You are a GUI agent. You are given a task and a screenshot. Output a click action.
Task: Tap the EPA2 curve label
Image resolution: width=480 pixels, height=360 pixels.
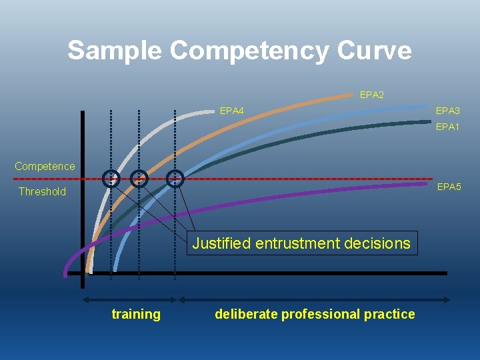371,95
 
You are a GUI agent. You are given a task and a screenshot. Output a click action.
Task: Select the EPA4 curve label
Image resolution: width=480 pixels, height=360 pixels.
231,111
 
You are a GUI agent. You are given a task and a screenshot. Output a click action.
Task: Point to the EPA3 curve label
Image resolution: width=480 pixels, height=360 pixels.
447,111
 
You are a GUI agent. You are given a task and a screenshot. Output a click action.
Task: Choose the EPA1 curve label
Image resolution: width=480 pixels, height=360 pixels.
447,127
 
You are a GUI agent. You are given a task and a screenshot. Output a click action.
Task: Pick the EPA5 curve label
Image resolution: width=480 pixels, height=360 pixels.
449,187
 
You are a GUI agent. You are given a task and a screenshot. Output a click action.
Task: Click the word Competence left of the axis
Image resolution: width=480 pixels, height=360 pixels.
45,166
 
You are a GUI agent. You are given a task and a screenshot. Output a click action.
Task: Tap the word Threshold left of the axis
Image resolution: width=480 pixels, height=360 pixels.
42,192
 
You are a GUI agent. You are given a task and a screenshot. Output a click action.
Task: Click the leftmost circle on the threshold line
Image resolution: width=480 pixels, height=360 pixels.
111,178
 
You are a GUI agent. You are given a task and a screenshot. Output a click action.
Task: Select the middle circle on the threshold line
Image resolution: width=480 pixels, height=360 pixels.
139,178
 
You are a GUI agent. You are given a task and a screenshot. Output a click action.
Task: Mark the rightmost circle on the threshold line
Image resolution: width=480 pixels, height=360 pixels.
175,178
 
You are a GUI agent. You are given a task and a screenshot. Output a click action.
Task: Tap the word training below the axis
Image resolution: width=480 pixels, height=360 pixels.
136,314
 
